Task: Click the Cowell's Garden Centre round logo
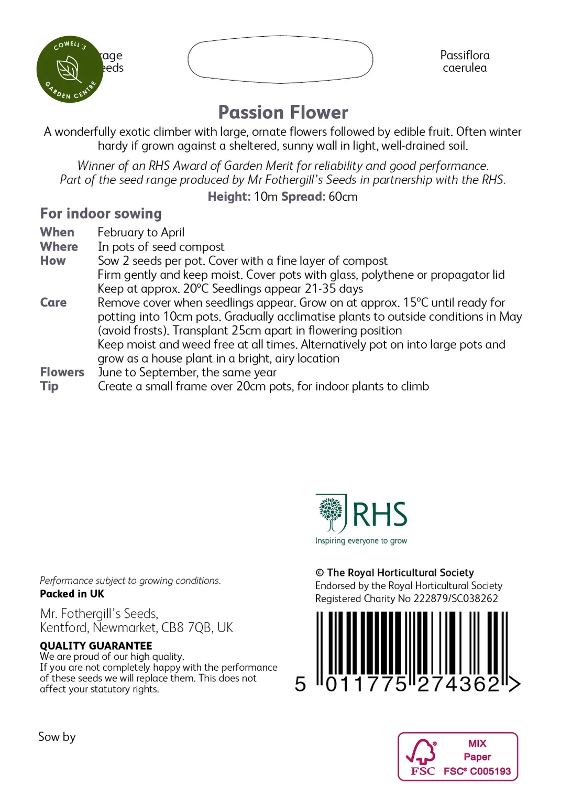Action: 70,69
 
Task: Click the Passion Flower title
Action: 283,112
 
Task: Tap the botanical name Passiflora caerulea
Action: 465,61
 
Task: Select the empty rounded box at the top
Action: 280,59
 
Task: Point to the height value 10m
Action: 266,197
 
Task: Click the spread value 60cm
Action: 343,197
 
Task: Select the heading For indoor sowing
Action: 101,213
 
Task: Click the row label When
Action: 57,232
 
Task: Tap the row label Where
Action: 59,246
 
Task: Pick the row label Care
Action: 53,302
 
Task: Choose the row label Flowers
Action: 62,372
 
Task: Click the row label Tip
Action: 49,386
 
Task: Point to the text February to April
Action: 141,232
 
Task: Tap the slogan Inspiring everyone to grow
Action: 361,540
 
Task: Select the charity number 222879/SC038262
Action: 456,599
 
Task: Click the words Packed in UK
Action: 72,594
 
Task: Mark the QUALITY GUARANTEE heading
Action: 96,646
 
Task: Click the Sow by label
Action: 57,737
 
